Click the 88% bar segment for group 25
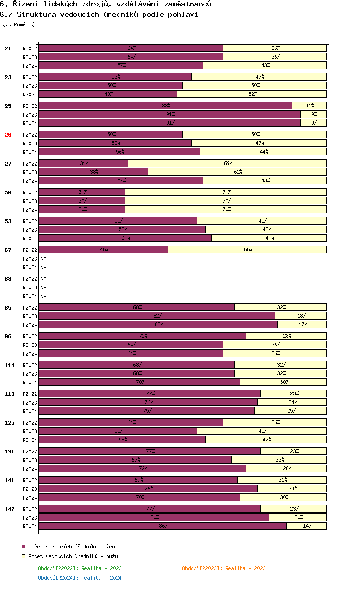pyautogui.click(x=166, y=106)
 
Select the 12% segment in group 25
pyautogui.click(x=310, y=106)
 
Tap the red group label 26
pyautogui.click(x=8, y=135)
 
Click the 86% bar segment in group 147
pyautogui.click(x=163, y=526)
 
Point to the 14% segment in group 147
pyautogui.click(x=307, y=526)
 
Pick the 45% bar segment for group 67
pyautogui.click(x=104, y=250)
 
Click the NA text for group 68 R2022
pyautogui.click(x=43, y=279)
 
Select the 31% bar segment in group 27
pyautogui.click(x=84, y=163)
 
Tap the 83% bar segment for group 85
pyautogui.click(x=158, y=324)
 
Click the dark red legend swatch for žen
pyautogui.click(x=24, y=547)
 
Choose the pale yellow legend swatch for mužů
pyautogui.click(x=24, y=556)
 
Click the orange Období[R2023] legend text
pyautogui.click(x=224, y=568)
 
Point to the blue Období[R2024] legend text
pyautogui.click(x=80, y=578)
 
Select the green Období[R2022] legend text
pyautogui.click(x=80, y=568)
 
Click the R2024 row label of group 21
pyautogui.click(x=30, y=66)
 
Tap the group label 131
pyautogui.click(x=10, y=452)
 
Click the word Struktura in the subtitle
pyautogui.click(x=36, y=14)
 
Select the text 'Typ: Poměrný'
pyautogui.click(x=17, y=24)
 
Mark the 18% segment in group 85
pyautogui.click(x=301, y=316)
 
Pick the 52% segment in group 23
pyautogui.click(x=252, y=94)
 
